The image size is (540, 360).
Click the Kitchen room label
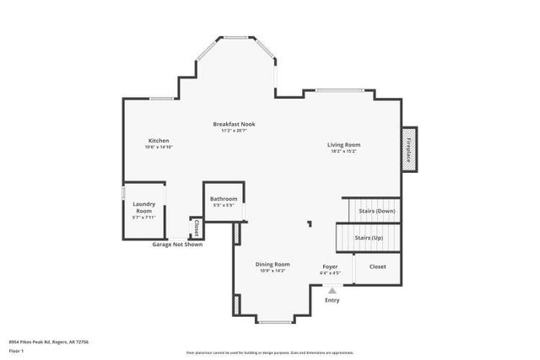(x=159, y=140)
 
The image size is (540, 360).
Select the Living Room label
(x=344, y=144)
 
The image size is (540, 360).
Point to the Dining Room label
(x=273, y=264)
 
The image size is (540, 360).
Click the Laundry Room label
(x=144, y=207)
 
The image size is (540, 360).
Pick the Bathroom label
(x=224, y=199)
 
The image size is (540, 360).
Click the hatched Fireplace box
(x=409, y=150)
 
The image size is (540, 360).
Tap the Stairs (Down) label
(x=377, y=211)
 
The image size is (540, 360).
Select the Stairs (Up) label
(x=368, y=238)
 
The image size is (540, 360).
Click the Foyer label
(x=330, y=266)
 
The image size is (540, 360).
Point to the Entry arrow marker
(x=332, y=290)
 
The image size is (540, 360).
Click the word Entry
(x=332, y=300)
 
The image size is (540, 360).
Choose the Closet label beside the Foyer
(x=377, y=266)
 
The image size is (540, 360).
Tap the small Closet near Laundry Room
(x=196, y=227)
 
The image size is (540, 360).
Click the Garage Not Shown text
(x=177, y=244)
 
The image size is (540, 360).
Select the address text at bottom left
(x=49, y=341)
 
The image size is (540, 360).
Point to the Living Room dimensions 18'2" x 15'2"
(x=344, y=152)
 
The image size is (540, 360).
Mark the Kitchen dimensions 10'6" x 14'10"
(x=159, y=148)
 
